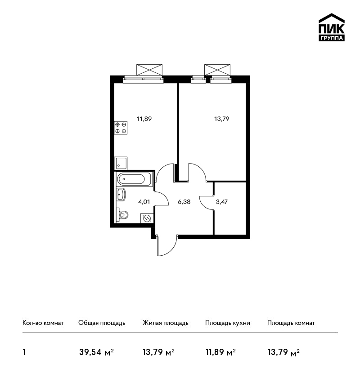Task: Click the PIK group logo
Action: [x=332, y=27]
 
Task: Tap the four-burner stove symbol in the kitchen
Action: [x=121, y=128]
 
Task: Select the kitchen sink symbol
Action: [x=121, y=163]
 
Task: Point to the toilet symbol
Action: [x=122, y=215]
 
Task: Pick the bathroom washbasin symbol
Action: [x=121, y=195]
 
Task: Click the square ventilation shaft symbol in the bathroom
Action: [x=147, y=218]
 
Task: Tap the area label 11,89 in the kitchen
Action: [x=144, y=119]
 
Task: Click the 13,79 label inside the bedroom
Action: [x=222, y=119]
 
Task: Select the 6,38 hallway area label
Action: [x=184, y=202]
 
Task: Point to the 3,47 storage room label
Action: [x=222, y=202]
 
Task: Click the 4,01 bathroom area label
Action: [x=144, y=202]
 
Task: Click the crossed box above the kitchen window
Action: [x=149, y=70]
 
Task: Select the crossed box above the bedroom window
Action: [x=217, y=70]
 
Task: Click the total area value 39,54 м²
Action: [x=97, y=352]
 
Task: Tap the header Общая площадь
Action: [x=102, y=323]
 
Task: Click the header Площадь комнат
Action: [x=291, y=323]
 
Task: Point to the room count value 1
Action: [x=24, y=352]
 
